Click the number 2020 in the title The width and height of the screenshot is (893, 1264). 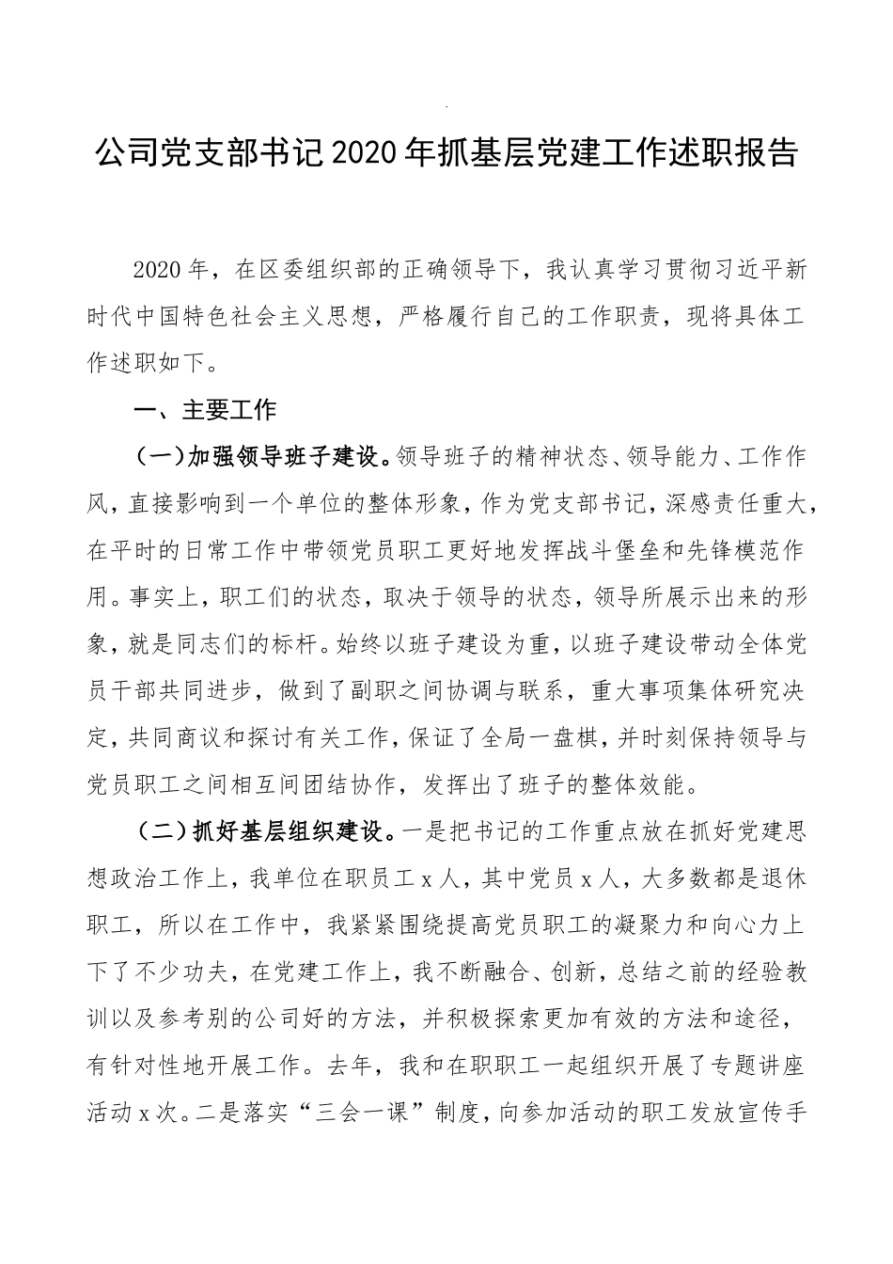(374, 153)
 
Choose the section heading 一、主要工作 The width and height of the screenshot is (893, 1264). (206, 410)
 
